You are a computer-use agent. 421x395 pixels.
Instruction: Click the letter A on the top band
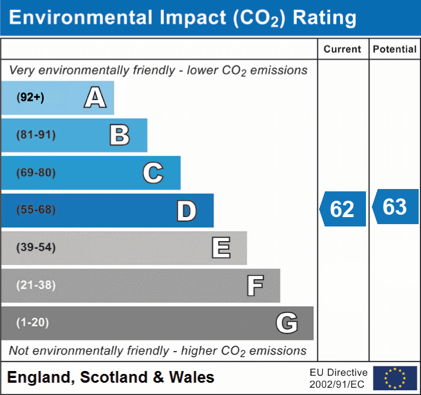click(x=95, y=98)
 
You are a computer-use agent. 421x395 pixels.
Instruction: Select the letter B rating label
click(x=119, y=135)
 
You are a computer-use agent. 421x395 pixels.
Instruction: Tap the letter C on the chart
click(x=153, y=173)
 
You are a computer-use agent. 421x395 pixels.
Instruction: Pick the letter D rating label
click(x=186, y=211)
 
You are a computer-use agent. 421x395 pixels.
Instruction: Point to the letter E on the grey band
click(x=221, y=248)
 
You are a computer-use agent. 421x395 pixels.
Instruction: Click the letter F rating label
click(x=255, y=286)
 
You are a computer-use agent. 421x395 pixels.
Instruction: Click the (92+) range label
click(x=30, y=98)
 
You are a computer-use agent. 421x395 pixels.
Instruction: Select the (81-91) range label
click(x=36, y=135)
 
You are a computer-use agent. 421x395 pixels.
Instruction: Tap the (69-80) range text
click(x=36, y=173)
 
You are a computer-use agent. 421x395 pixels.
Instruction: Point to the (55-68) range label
click(x=36, y=210)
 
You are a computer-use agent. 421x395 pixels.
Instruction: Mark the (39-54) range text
click(x=36, y=248)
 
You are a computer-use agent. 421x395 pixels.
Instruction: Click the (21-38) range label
click(x=36, y=285)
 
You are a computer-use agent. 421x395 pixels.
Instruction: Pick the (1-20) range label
click(x=33, y=322)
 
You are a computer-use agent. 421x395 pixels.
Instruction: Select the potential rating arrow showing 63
click(x=395, y=207)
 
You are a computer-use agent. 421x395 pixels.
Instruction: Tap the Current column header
click(x=343, y=50)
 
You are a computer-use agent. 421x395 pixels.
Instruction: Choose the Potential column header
click(x=395, y=50)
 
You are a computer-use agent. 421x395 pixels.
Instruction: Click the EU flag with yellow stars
click(x=395, y=378)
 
